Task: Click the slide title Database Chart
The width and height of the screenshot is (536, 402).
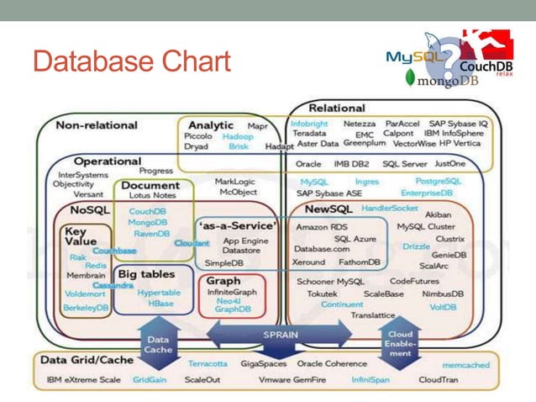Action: [131, 61]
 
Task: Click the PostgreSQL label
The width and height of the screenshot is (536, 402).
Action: [438, 181]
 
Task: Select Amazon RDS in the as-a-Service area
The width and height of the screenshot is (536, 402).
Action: [321, 226]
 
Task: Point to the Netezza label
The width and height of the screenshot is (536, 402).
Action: [360, 123]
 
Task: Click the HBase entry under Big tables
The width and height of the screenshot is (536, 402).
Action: [160, 303]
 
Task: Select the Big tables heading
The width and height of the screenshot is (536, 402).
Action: [146, 274]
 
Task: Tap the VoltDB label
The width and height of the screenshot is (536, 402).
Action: [443, 307]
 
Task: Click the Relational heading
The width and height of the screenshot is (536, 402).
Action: [337, 108]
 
